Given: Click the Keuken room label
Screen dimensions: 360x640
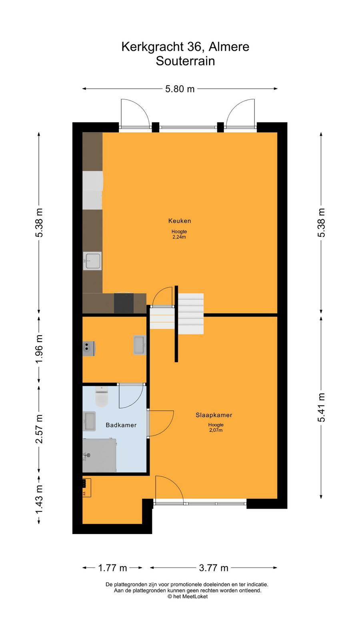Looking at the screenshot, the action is click(180, 220).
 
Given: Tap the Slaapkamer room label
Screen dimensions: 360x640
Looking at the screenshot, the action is click(214, 415).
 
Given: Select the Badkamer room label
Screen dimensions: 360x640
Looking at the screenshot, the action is click(121, 425).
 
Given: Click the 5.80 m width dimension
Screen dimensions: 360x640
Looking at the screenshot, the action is click(180, 89).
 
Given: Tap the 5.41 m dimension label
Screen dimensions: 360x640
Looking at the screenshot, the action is click(321, 408).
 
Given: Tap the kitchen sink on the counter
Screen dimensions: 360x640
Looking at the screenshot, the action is click(92, 260).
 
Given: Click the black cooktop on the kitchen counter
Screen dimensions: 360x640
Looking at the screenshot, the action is click(124, 303).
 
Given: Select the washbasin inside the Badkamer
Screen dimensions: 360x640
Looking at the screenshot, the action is click(89, 421).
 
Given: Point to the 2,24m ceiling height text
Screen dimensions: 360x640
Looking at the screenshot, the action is click(179, 237).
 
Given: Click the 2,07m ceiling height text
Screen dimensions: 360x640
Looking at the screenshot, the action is click(216, 430).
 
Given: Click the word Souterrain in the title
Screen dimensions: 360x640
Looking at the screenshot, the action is click(185, 61).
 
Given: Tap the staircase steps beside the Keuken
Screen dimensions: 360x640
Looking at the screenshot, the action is click(191, 314).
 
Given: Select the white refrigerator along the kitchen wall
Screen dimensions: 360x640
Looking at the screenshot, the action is click(92, 190).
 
